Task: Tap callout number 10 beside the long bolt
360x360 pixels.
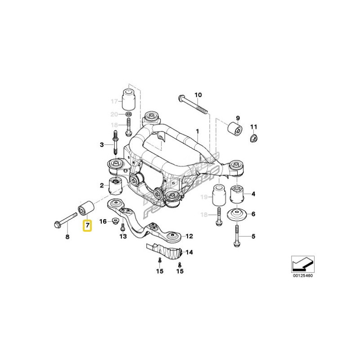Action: coord(198,95)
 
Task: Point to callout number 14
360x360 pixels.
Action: coord(189,252)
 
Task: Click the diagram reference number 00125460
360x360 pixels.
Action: coord(302,275)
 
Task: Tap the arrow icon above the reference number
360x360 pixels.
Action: coord(302,263)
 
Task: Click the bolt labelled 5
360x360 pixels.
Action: coord(237,235)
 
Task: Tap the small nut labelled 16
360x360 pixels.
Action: coord(116,221)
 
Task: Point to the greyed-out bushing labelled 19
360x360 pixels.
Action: coord(219,194)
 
